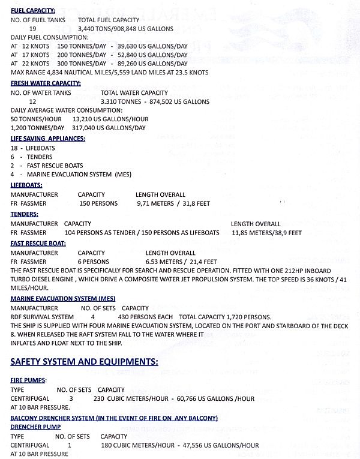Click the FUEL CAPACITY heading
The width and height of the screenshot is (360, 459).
[33, 11]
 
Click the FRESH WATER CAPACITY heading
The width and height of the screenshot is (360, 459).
[46, 83]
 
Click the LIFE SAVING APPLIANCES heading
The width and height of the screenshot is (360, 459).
[48, 138]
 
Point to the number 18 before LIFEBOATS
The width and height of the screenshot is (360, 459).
[14, 148]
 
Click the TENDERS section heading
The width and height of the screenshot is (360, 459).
[25, 214]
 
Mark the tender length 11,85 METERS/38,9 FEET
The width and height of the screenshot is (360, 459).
[266, 233]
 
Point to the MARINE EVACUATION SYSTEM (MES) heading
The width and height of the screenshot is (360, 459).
[63, 298]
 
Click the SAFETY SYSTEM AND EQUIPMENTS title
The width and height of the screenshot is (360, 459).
[85, 361]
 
